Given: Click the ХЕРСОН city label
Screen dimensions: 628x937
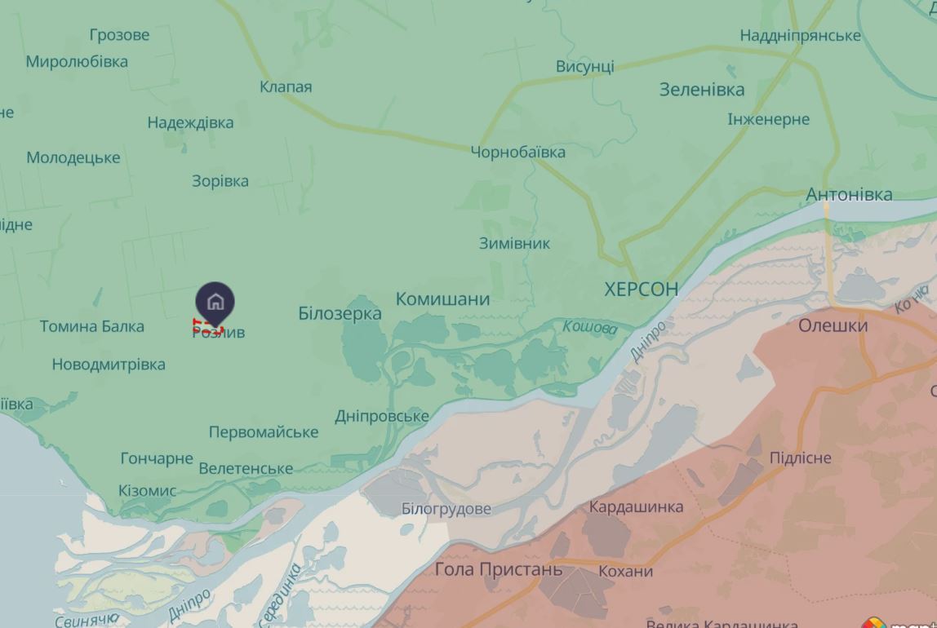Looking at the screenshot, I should [x=641, y=289].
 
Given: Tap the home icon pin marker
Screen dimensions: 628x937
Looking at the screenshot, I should [x=215, y=303].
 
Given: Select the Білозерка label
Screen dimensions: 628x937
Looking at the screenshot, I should [x=340, y=313].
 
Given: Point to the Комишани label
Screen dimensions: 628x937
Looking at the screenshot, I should [x=442, y=299].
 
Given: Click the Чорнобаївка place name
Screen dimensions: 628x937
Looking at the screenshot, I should [x=517, y=152].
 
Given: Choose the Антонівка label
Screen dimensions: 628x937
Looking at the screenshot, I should [x=849, y=194].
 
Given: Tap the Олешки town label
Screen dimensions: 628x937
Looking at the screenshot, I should [x=833, y=325].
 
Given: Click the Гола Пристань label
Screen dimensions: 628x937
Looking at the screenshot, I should [x=498, y=569].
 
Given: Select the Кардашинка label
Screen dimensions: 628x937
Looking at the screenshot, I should [x=636, y=506].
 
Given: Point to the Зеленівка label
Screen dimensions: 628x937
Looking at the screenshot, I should [x=702, y=90].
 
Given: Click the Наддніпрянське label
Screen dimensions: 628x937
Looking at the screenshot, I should [x=800, y=35].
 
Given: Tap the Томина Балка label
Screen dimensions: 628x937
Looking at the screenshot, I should [x=92, y=326].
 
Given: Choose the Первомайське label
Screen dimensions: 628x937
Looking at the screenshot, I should [x=263, y=431].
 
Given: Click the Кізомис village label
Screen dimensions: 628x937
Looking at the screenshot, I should [x=147, y=491].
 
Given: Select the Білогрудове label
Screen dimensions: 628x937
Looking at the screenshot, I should [x=446, y=509].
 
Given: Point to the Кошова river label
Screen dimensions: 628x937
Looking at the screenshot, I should [x=589, y=327].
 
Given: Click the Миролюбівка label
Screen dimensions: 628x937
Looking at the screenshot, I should [x=77, y=61].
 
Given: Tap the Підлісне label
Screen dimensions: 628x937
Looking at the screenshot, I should [x=800, y=458].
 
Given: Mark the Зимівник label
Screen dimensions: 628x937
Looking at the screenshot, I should [x=514, y=243].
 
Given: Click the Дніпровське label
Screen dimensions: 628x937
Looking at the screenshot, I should [x=381, y=416].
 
